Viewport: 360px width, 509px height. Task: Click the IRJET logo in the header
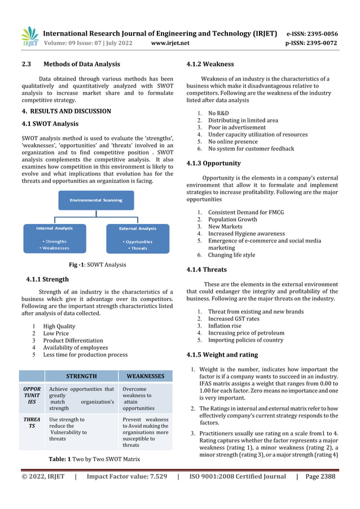[x=29, y=37]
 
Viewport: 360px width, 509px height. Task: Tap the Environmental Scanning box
[x=96, y=200]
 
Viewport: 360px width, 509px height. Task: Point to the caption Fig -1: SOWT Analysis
[x=97, y=265]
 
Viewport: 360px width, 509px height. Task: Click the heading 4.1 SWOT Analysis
[x=50, y=124]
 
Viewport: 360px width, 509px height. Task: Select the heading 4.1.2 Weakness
[x=210, y=64]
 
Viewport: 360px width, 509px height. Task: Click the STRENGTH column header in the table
[x=81, y=376]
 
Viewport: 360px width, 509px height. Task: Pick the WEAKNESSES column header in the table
[x=145, y=376]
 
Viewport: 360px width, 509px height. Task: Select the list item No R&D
[x=218, y=113]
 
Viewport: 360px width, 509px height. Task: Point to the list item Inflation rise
[x=225, y=326]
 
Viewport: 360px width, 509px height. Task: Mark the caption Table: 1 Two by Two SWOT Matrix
[x=95, y=459]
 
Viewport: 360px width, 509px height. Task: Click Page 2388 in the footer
[x=320, y=477]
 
